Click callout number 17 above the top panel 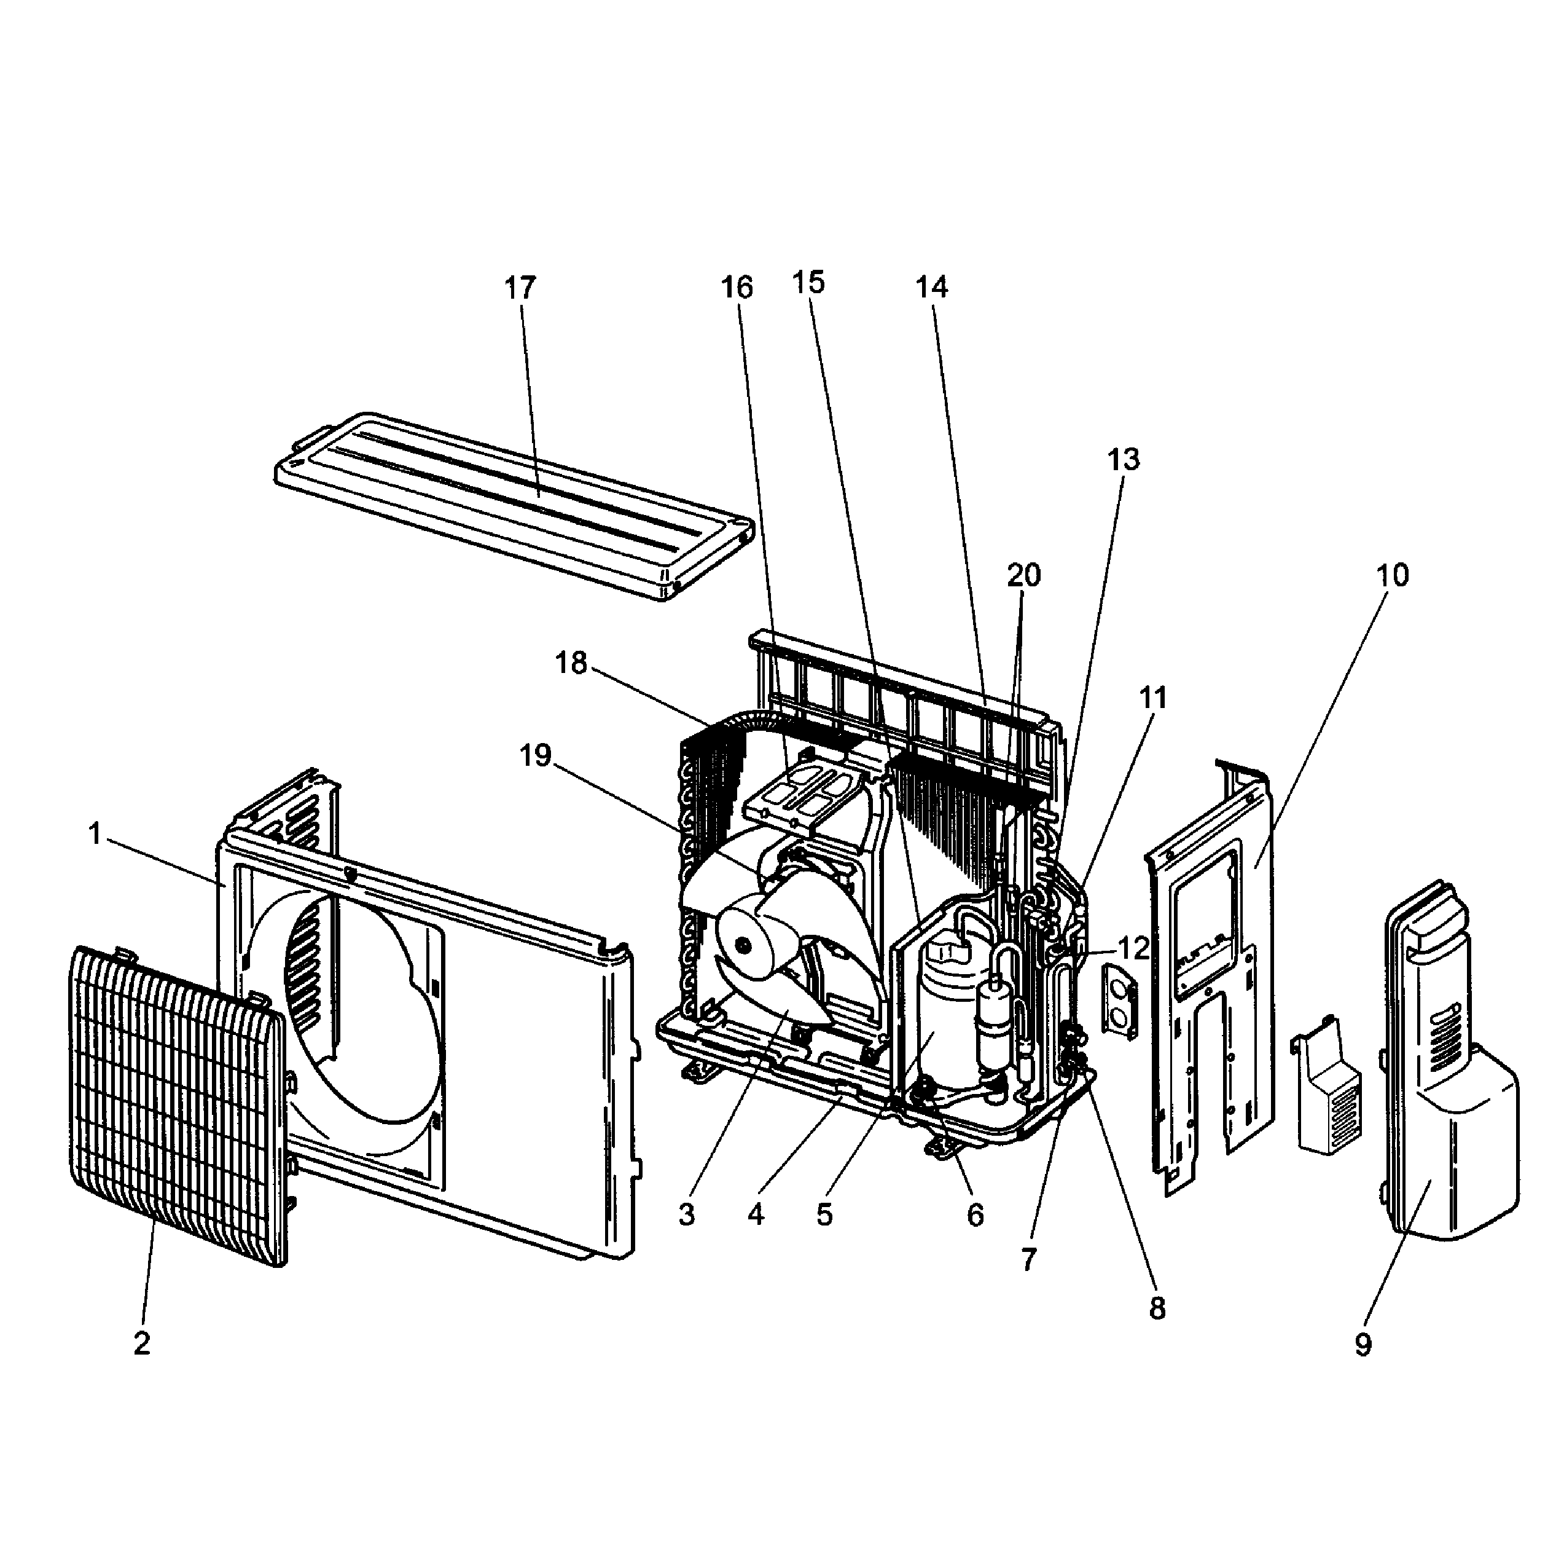(x=520, y=287)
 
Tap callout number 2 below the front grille (x=142, y=1343)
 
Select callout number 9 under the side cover (x=1363, y=1345)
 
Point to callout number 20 (x=1023, y=575)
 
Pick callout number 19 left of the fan (x=536, y=756)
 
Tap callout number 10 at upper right (x=1392, y=575)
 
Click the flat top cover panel (x=510, y=503)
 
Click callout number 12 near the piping (x=1134, y=948)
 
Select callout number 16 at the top (x=737, y=287)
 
